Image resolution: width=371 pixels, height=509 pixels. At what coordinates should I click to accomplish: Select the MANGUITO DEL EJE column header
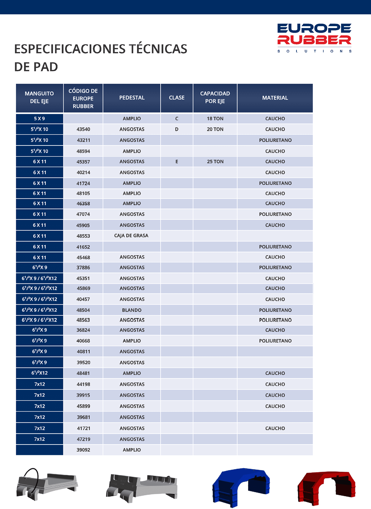(39, 98)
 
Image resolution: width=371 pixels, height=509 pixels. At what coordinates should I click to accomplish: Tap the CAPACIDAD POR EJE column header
(215, 98)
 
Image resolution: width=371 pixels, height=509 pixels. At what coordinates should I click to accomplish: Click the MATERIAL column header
(275, 98)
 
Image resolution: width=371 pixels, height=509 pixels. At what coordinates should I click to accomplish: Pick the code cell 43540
(83, 129)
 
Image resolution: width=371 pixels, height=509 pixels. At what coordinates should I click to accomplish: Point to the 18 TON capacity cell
(215, 119)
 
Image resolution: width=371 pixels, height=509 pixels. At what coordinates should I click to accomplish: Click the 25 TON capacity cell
(215, 162)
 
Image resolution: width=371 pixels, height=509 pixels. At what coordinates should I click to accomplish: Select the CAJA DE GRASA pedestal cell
(131, 236)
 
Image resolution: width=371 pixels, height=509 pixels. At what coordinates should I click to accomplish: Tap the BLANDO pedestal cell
(132, 310)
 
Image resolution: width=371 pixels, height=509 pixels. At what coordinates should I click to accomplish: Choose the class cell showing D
(177, 129)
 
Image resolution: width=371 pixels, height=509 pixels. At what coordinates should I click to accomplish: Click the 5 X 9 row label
(39, 119)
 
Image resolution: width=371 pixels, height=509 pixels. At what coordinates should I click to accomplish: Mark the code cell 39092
(83, 450)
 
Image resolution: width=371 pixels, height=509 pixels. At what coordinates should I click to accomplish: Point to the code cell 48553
(83, 236)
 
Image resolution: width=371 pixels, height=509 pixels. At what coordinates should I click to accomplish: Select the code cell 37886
(83, 268)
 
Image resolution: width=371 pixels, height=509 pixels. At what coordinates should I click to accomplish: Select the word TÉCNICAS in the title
(158, 49)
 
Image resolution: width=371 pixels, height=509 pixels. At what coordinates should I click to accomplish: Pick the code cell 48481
(83, 373)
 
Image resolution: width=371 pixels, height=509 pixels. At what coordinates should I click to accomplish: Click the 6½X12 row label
(39, 373)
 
